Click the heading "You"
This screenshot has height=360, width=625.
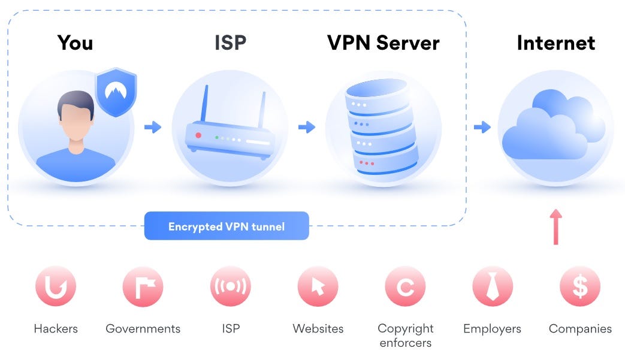pyautogui.click(x=75, y=43)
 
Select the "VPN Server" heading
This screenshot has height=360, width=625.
pyautogui.click(x=383, y=43)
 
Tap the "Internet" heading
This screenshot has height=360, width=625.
pyautogui.click(x=555, y=43)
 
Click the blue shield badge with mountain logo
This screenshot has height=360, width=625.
pyautogui.click(x=116, y=92)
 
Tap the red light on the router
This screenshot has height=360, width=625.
pyautogui.click(x=198, y=136)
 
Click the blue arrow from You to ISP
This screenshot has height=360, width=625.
pyautogui.click(x=153, y=127)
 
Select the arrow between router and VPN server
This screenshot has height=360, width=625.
pyautogui.click(x=307, y=127)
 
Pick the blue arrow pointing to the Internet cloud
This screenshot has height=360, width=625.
pyautogui.click(x=482, y=127)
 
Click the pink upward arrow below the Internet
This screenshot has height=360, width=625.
pyautogui.click(x=555, y=227)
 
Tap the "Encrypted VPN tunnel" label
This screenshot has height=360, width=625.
pyautogui.click(x=227, y=226)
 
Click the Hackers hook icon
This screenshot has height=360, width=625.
pyautogui.click(x=55, y=287)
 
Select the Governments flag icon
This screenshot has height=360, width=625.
pyautogui.click(x=143, y=287)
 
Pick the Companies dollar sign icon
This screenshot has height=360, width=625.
pyautogui.click(x=580, y=287)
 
